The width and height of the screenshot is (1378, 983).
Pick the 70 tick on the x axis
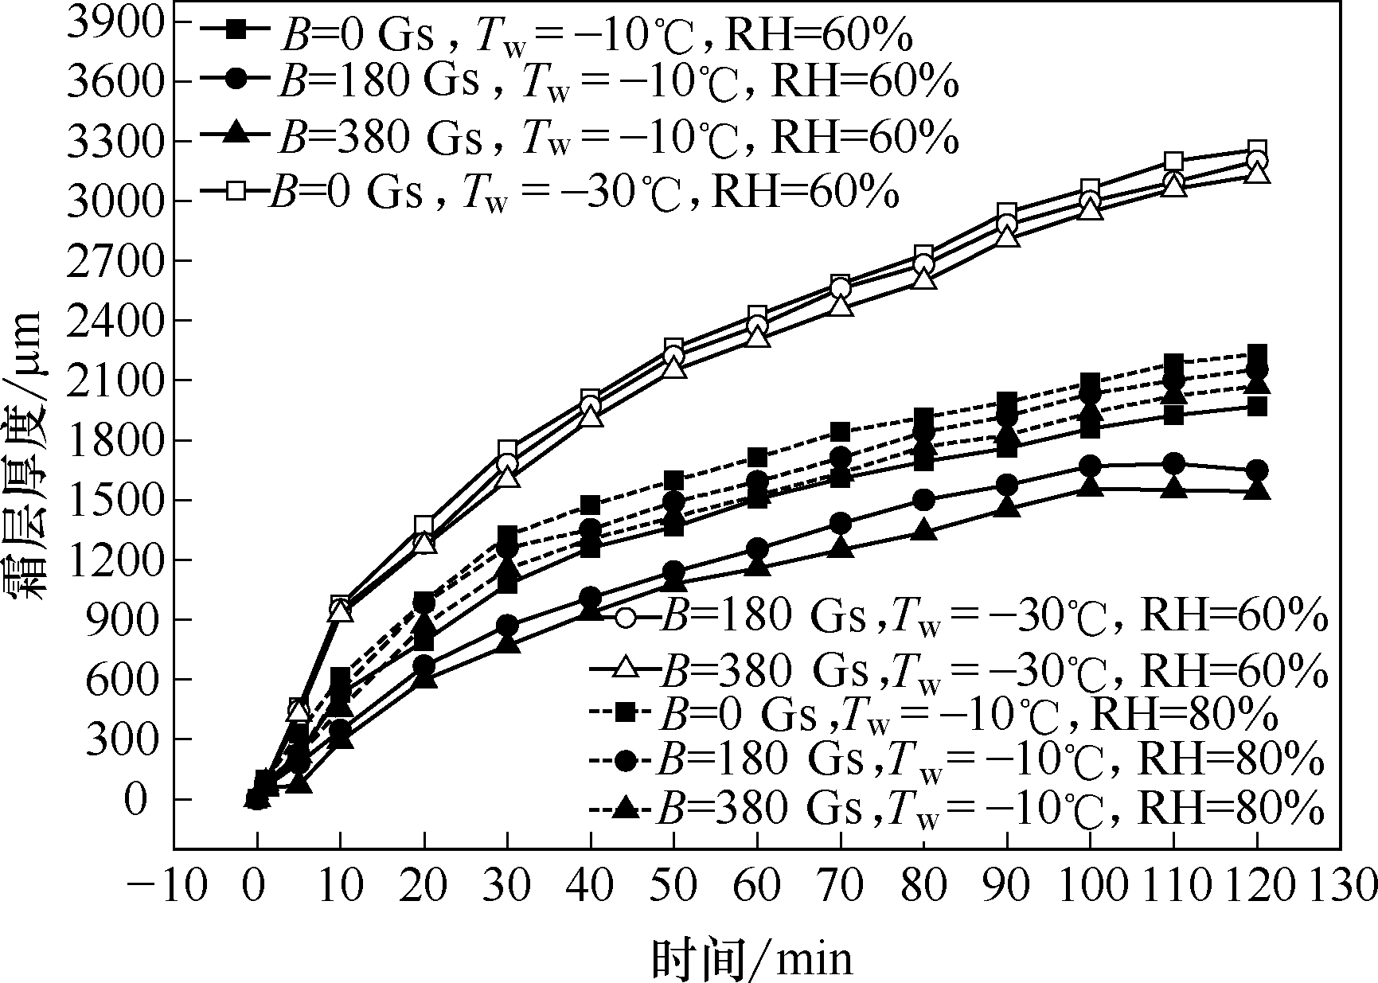click(x=841, y=884)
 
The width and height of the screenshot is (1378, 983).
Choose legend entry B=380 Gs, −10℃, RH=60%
click(x=581, y=138)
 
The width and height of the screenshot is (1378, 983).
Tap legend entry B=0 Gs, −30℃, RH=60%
click(x=549, y=192)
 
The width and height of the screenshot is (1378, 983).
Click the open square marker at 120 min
click(x=1257, y=150)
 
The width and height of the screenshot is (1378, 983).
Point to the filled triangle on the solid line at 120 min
click(x=1257, y=490)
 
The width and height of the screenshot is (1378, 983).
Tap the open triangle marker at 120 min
click(x=1257, y=173)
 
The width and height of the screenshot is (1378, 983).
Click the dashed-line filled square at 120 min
click(x=1257, y=354)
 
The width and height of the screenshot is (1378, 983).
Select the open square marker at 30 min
click(x=508, y=450)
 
